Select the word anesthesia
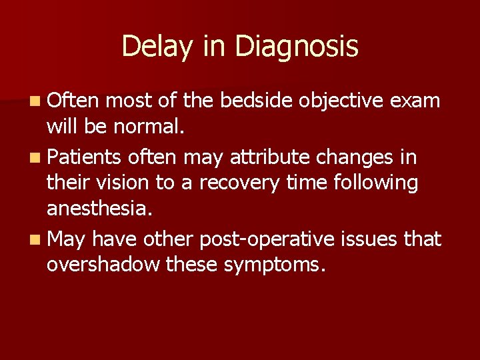99,209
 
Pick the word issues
371,239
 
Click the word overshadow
103,265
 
